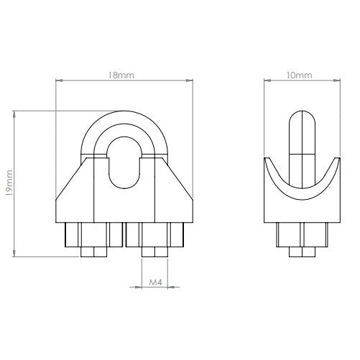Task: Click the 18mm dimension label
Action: pyautogui.click(x=126, y=74)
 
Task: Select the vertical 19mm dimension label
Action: pyautogui.click(x=9, y=183)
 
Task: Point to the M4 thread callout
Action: pyautogui.click(x=152, y=285)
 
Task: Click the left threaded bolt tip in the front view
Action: pyautogui.click(x=93, y=252)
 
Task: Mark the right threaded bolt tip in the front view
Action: pyautogui.click(x=155, y=252)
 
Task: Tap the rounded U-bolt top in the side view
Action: pyautogui.click(x=302, y=119)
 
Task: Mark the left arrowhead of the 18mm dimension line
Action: pyautogui.click(x=58, y=79)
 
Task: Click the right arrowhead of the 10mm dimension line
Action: pyautogui.click(x=336, y=79)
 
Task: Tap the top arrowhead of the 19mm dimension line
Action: pyautogui.click(x=14, y=113)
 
